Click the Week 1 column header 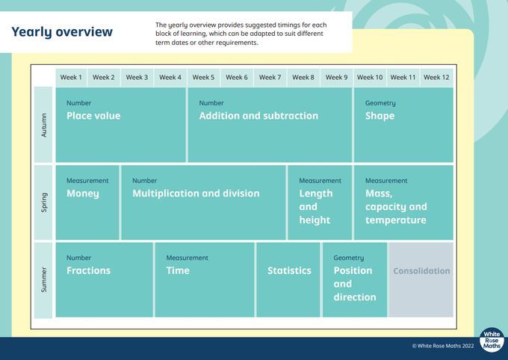(71, 78)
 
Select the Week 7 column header (270, 78)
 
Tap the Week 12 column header (436, 78)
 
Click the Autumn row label (44, 125)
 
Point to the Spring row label (44, 202)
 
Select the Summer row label (44, 279)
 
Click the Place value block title (93, 116)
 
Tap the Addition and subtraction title (258, 116)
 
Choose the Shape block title (380, 116)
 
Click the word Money (83, 193)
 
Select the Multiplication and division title (196, 193)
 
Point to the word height (315, 220)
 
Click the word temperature (396, 220)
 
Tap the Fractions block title (88, 270)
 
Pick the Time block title (178, 270)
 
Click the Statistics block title (289, 270)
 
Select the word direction (355, 297)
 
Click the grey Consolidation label (421, 271)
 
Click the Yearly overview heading (62, 32)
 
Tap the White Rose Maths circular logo (492, 340)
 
